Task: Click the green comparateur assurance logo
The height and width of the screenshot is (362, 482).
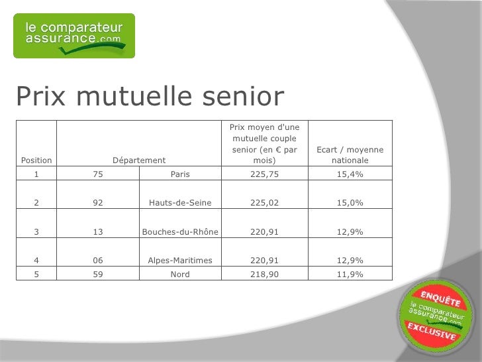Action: (74, 36)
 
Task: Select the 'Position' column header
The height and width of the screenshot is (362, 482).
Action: (36, 160)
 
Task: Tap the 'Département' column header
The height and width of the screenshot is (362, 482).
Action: (139, 160)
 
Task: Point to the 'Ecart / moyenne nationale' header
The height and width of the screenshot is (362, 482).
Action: (350, 155)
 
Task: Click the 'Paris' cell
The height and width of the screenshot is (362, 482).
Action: (180, 174)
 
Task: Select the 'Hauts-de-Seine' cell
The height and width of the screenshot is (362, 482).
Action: (180, 203)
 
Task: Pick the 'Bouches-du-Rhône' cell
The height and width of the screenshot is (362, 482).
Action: (180, 231)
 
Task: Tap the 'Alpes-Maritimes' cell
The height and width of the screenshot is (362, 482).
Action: (180, 260)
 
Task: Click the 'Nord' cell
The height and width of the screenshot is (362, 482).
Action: (180, 274)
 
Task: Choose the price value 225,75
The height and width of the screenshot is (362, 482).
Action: (264, 174)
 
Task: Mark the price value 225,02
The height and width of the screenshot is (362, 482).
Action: (264, 203)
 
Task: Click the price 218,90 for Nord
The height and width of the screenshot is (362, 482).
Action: (264, 274)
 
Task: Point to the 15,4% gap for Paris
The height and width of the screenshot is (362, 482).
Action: (350, 174)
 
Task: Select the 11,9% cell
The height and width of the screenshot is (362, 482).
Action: (350, 274)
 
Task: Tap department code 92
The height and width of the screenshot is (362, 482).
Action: (98, 203)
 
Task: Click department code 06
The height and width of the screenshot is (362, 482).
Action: (98, 260)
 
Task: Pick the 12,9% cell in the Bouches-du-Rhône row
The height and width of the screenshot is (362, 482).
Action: (350, 231)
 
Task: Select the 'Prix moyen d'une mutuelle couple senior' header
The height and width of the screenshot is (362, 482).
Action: (264, 143)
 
